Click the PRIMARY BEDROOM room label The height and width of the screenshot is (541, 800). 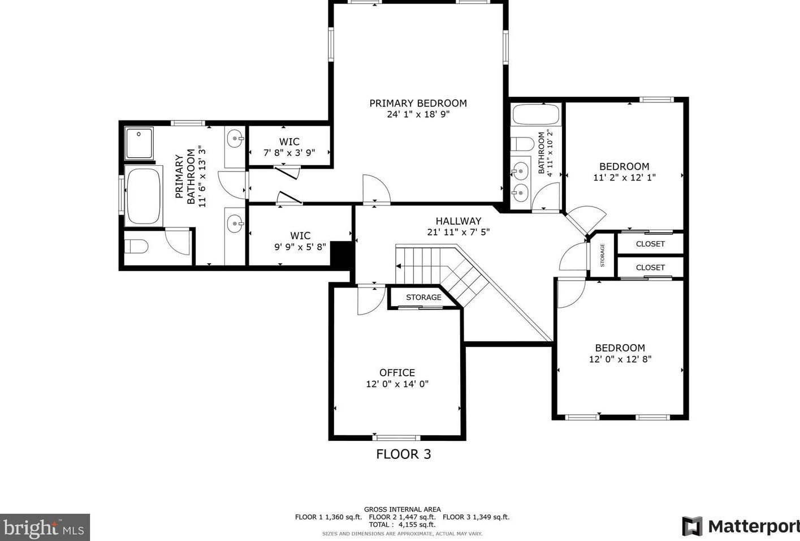[418, 104]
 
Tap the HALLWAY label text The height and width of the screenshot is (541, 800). [458, 221]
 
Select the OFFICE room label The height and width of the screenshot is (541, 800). [397, 372]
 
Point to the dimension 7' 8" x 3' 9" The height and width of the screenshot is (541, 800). [289, 153]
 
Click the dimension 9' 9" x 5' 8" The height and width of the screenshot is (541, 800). [300, 247]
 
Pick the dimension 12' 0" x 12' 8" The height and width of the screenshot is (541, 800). [620, 359]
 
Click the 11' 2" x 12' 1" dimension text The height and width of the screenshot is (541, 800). [624, 177]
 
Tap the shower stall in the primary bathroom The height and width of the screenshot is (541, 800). [139, 143]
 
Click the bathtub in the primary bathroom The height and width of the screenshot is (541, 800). [144, 196]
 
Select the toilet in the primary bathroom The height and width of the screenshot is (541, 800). [136, 246]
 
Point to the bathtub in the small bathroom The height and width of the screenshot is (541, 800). [536, 114]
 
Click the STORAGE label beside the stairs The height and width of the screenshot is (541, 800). [423, 297]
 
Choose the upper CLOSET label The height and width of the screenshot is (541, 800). [650, 244]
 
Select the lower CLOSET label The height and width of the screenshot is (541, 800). [650, 268]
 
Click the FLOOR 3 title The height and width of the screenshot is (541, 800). [404, 454]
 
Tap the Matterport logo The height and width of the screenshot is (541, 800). [741, 526]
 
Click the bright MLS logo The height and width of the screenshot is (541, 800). [45, 527]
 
